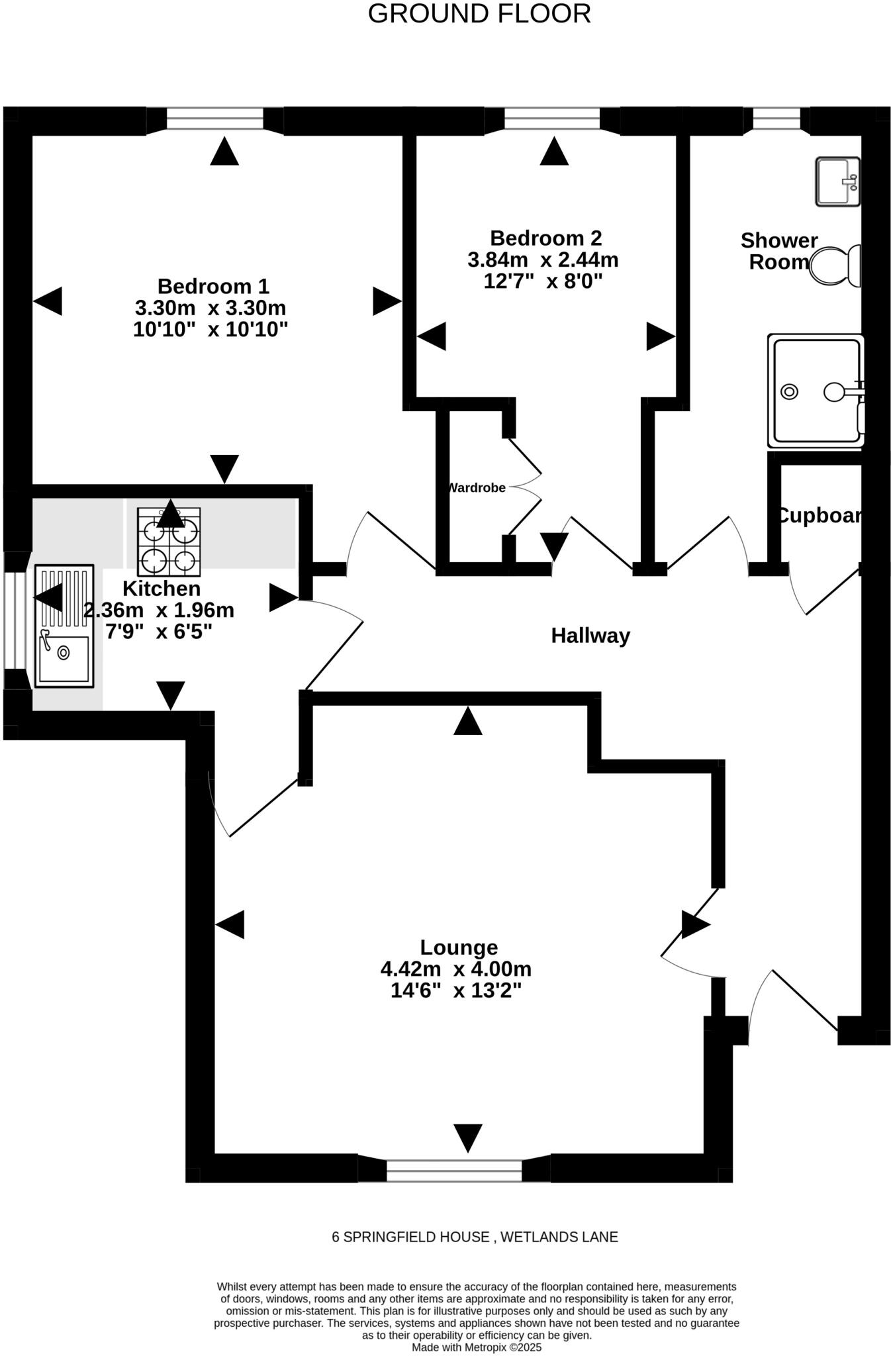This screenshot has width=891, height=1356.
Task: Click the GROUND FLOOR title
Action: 479,14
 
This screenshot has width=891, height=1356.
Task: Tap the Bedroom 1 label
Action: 213,287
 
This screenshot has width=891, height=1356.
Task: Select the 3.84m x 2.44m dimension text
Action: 543,260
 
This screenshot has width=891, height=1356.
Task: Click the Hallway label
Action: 590,636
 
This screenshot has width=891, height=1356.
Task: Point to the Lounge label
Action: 459,947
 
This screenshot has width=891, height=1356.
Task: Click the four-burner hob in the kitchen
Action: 169,542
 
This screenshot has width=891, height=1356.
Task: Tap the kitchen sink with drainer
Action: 64,626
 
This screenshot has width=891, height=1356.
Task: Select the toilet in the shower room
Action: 835,266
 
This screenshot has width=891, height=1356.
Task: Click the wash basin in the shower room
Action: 838,181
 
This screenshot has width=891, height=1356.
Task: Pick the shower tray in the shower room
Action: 816,391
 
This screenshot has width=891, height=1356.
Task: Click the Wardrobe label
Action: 477,488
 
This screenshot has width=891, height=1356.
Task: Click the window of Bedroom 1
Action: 215,119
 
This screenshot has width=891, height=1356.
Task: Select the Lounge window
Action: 454,1171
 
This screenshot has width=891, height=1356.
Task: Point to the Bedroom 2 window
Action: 552,119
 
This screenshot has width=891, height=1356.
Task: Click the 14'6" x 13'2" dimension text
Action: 456,991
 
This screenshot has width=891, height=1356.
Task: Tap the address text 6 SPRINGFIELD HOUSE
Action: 410,1237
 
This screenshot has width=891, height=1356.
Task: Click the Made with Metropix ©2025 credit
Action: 477,1347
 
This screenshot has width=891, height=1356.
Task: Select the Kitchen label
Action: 162,589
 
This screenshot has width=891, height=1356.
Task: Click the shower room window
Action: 777,119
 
